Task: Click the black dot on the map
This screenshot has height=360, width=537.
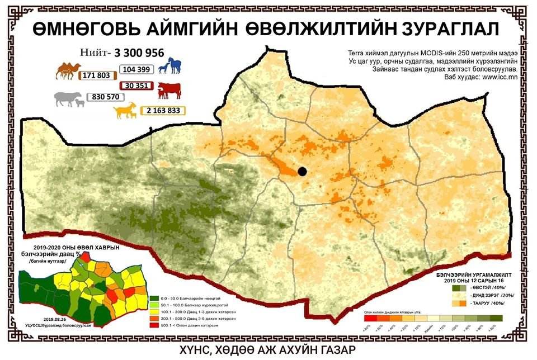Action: (x=303, y=172)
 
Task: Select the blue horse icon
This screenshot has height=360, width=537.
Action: (x=170, y=65)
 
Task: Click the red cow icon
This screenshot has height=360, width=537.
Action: (x=168, y=90)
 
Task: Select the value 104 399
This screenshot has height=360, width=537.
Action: (x=136, y=69)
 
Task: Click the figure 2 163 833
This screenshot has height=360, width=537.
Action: (x=164, y=111)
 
